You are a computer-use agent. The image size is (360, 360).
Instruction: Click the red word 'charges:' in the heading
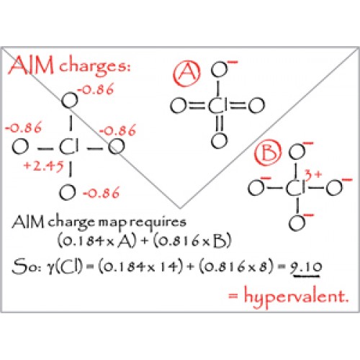click(95, 66)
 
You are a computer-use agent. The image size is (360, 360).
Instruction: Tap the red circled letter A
click(187, 73)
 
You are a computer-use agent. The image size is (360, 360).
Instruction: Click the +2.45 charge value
click(44, 166)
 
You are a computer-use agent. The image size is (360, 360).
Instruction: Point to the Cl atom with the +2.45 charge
click(69, 147)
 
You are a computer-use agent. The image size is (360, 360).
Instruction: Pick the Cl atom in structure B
click(296, 187)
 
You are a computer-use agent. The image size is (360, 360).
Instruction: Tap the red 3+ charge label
click(313, 174)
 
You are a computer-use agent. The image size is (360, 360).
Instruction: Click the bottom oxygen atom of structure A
click(219, 140)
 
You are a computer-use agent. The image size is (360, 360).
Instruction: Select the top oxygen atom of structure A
click(219, 70)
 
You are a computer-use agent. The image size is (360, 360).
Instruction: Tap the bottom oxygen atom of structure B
click(297, 223)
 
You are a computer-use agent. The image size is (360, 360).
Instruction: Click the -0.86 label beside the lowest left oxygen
click(102, 193)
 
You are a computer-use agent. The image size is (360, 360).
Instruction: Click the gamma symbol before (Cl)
click(50, 268)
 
